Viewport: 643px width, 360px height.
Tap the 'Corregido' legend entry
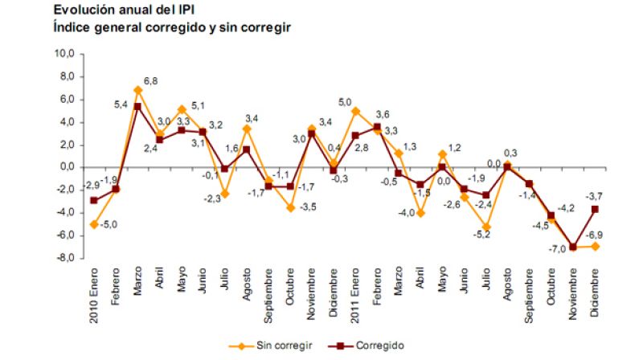coord(365,345)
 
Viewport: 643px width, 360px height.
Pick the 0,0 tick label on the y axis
coord(66,167)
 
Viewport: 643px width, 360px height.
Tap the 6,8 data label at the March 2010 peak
coord(150,80)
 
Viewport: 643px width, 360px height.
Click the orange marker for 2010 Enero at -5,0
coord(95,224)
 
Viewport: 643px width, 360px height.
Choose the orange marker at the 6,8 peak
coord(138,90)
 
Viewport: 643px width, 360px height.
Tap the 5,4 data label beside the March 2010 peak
coord(121,104)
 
